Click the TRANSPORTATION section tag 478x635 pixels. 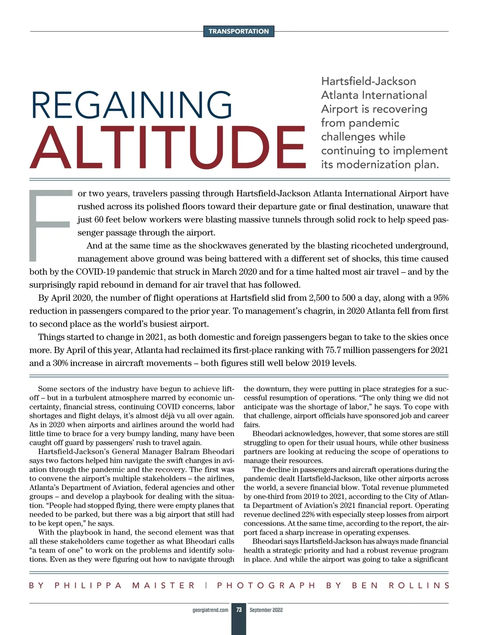(239, 31)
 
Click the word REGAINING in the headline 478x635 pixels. (131, 105)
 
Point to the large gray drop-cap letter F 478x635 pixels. (49, 225)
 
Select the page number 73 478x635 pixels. (239, 610)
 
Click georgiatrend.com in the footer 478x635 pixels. (210, 610)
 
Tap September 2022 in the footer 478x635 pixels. (266, 610)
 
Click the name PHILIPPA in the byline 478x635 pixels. (88, 585)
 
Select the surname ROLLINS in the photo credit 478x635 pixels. (419, 585)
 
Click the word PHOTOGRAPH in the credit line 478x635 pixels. (266, 585)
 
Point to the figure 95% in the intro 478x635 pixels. (441, 298)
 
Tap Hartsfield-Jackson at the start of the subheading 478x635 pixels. (368, 81)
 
